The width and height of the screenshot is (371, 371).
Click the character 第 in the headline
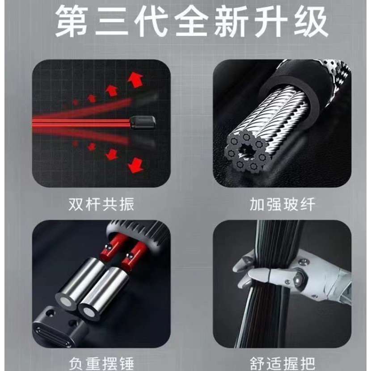(72, 21)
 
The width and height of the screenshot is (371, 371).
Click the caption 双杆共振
(101, 204)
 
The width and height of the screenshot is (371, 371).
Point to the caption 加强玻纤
(282, 204)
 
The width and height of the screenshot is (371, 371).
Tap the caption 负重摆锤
(101, 364)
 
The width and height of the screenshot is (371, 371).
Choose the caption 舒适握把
(282, 364)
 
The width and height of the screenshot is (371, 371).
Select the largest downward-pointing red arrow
(135, 165)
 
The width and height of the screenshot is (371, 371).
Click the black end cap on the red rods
(143, 122)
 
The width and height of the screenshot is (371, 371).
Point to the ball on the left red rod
(108, 247)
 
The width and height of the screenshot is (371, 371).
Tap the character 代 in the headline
(152, 21)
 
